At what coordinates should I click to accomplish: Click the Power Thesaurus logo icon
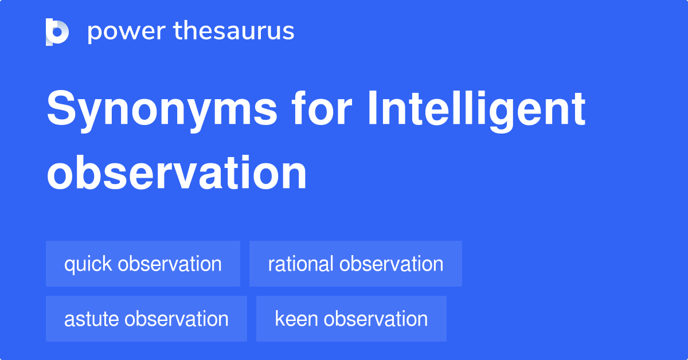(x=57, y=32)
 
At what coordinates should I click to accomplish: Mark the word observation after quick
(x=170, y=264)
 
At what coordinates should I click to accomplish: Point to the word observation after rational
(x=391, y=264)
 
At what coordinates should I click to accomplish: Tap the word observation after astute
(x=177, y=319)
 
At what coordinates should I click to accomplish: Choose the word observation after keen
(x=376, y=319)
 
